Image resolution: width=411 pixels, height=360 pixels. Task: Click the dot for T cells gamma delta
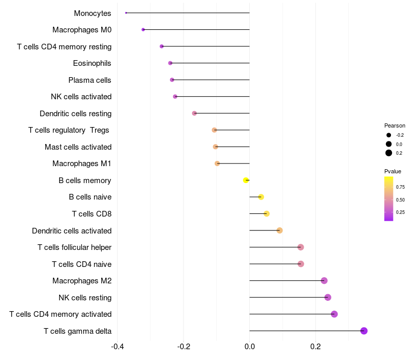[364, 331]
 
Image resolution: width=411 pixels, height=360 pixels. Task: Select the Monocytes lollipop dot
[126, 13]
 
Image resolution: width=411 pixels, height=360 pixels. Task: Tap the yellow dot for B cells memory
[246, 180]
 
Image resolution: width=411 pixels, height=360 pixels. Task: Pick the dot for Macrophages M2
[324, 280]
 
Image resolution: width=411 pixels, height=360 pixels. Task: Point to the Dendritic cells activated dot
[279, 230]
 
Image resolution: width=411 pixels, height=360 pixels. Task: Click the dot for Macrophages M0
[143, 30]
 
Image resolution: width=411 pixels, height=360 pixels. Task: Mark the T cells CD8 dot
[266, 213]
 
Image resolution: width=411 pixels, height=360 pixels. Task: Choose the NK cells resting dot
[328, 297]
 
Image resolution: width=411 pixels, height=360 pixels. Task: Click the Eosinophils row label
[92, 63]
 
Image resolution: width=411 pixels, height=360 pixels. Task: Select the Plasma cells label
[90, 80]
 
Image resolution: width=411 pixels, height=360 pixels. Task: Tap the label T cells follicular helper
[74, 247]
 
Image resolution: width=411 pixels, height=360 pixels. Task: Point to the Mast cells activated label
[78, 147]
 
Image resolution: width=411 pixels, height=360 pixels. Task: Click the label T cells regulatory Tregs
[69, 130]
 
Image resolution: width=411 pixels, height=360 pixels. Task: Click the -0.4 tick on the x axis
[117, 347]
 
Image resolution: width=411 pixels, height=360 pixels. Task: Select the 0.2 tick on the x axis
[315, 347]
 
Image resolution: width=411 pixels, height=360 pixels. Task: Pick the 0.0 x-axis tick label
[250, 347]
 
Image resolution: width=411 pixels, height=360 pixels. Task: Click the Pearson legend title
[395, 125]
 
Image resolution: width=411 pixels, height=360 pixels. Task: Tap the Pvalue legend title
[393, 171]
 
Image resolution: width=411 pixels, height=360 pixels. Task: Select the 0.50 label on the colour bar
[400, 200]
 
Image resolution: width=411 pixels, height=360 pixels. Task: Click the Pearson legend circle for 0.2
[389, 153]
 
